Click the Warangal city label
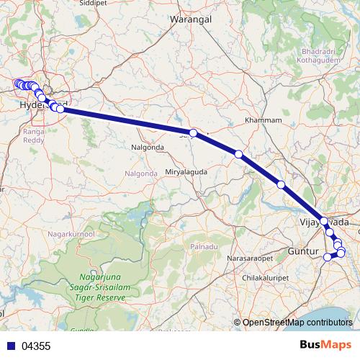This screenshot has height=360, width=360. pyautogui.click(x=191, y=20)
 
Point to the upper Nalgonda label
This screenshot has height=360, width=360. pyautogui.click(x=148, y=148)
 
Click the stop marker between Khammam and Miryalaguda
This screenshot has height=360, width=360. pyautogui.click(x=238, y=154)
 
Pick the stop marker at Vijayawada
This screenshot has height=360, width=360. pyautogui.click(x=324, y=222)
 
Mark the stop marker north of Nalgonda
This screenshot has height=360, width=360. pyautogui.click(x=193, y=133)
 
